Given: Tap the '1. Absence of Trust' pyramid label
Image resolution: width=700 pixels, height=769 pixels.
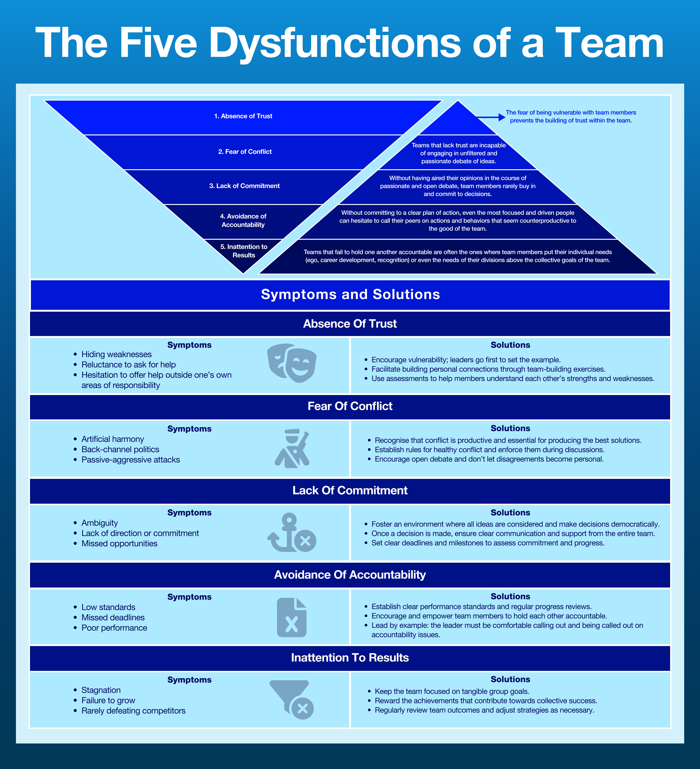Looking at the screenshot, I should (243, 116).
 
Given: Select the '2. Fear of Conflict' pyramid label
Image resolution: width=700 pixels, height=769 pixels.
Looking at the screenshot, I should (245, 151).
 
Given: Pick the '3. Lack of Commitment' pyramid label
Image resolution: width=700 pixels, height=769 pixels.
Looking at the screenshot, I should (244, 186).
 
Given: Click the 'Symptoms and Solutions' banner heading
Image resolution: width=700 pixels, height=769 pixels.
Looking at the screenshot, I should (350, 294).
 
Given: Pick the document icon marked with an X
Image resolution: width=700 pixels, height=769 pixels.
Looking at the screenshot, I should (292, 617).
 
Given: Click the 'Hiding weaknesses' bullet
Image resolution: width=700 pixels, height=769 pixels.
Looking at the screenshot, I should (116, 354).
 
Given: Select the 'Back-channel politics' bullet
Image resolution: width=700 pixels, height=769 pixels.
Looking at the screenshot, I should (120, 449).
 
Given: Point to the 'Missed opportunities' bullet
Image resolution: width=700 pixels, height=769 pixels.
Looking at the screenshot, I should (119, 544).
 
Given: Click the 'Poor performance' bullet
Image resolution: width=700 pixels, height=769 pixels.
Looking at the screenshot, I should (114, 628).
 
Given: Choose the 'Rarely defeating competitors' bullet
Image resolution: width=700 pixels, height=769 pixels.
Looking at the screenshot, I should (133, 711).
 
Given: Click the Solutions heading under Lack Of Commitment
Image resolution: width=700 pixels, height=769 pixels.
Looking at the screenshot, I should (510, 513).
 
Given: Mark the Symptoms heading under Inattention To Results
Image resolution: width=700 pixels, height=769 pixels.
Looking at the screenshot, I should (189, 680).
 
